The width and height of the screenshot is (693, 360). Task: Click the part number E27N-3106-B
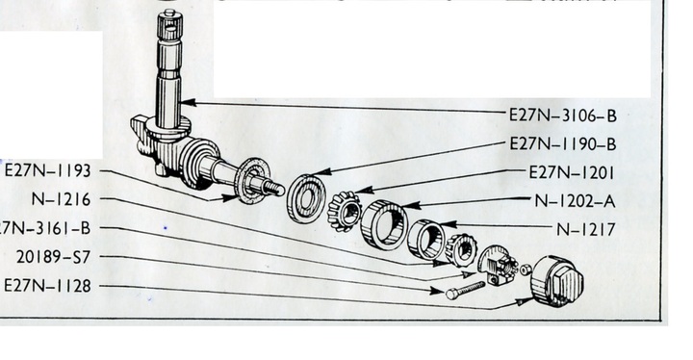click(x=562, y=116)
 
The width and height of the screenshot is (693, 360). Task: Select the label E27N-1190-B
click(x=562, y=144)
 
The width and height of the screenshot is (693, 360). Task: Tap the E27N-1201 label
click(x=572, y=173)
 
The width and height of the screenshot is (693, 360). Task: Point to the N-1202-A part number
click(x=575, y=201)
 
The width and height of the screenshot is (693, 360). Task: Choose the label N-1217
click(x=585, y=230)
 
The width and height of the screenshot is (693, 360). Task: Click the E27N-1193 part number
click(x=47, y=171)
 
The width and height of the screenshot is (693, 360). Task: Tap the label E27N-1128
click(x=47, y=286)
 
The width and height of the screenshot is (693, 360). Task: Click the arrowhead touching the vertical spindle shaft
click(x=192, y=101)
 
